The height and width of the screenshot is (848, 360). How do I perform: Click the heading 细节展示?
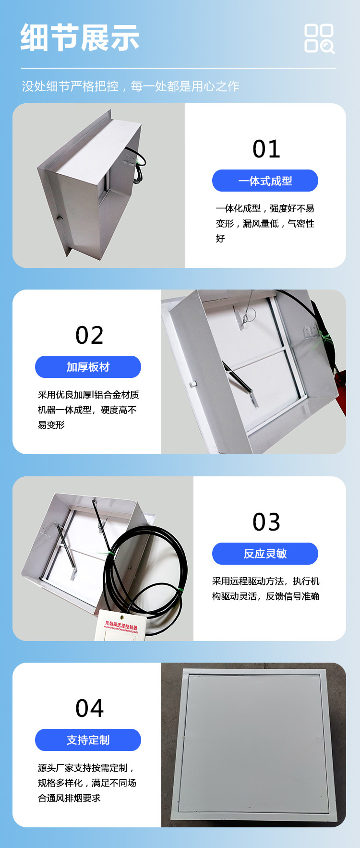pyautogui.click(x=80, y=38)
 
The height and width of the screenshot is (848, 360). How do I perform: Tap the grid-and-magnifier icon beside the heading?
pyautogui.click(x=320, y=38)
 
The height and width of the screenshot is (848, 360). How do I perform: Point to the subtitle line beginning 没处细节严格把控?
pyautogui.click(x=131, y=86)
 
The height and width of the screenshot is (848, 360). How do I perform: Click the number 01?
pyautogui.click(x=266, y=149)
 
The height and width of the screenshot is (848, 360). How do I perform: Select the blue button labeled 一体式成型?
pyautogui.click(x=265, y=181)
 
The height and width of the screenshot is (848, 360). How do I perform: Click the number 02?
pyautogui.click(x=89, y=335)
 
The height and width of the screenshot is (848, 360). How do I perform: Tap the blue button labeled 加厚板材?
pyautogui.click(x=88, y=367)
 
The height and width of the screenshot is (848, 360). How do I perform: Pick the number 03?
pyautogui.click(x=266, y=522)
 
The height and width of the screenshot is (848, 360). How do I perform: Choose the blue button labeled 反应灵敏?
pyautogui.click(x=265, y=554)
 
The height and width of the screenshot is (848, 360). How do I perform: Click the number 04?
pyautogui.click(x=89, y=708)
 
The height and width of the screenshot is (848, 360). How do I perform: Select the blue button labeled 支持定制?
pyautogui.click(x=88, y=740)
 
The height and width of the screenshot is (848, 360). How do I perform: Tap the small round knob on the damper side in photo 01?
pyautogui.click(x=60, y=218)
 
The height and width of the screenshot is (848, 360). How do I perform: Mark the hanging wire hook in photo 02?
pyautogui.click(x=245, y=317)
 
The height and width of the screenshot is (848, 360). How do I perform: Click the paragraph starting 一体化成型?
pyautogui.click(x=265, y=223)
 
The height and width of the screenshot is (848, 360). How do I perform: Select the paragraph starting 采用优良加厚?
pyautogui.click(x=88, y=410)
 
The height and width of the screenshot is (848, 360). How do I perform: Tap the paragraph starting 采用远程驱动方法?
pyautogui.click(x=266, y=589)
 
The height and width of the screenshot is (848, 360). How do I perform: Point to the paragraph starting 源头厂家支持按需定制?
pyautogui.click(x=87, y=783)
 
